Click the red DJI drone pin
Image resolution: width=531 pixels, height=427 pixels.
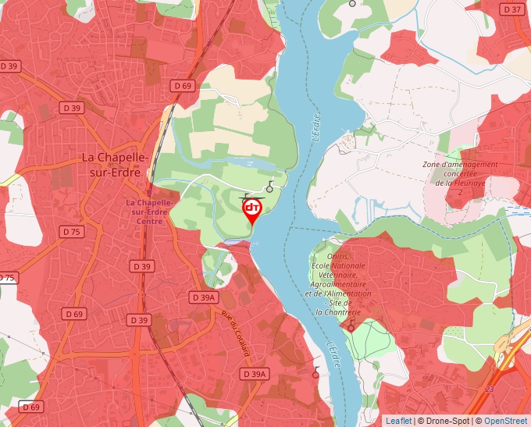252,210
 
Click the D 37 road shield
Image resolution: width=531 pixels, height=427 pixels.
512,9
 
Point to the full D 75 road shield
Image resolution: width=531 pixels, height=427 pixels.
72,232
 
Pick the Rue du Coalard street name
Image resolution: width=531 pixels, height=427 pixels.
235,333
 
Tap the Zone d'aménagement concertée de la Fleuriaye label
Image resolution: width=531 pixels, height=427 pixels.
460,178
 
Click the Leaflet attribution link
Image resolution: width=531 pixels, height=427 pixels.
398,421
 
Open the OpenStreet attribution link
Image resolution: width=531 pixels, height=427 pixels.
505,421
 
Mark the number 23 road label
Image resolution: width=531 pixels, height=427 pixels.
490,388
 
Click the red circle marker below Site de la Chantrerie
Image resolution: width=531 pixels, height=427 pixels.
351,328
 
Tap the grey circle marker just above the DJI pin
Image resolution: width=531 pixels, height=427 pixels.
270,188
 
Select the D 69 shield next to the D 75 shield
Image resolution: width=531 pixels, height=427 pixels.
74,314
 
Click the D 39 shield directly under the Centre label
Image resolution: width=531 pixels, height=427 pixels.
142,266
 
